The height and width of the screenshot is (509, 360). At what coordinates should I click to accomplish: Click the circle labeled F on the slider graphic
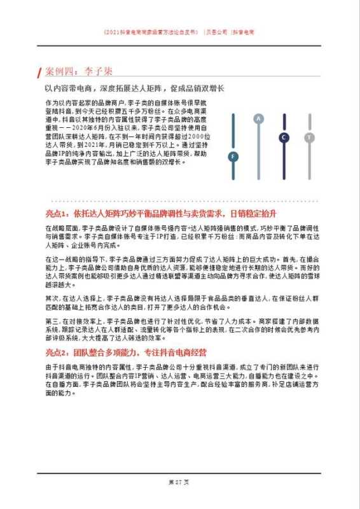click(233, 157)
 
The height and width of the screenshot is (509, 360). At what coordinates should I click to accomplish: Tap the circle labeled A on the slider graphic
click(258, 118)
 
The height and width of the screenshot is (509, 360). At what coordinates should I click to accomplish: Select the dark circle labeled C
click(284, 137)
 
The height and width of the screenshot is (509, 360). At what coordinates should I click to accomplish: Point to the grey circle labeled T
click(309, 137)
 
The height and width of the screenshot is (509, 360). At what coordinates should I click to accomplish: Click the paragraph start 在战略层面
click(58, 227)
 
